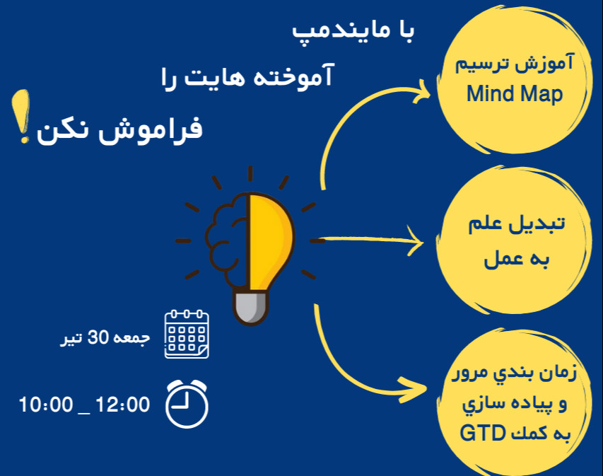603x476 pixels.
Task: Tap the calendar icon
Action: click(x=187, y=334)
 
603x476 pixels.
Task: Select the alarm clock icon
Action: click(x=187, y=405)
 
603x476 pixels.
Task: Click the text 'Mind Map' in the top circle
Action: click(x=515, y=94)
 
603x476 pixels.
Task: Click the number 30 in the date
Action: click(x=97, y=338)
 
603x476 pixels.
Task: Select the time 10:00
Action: click(x=46, y=405)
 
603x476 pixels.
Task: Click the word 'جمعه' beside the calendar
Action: click(x=133, y=338)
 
